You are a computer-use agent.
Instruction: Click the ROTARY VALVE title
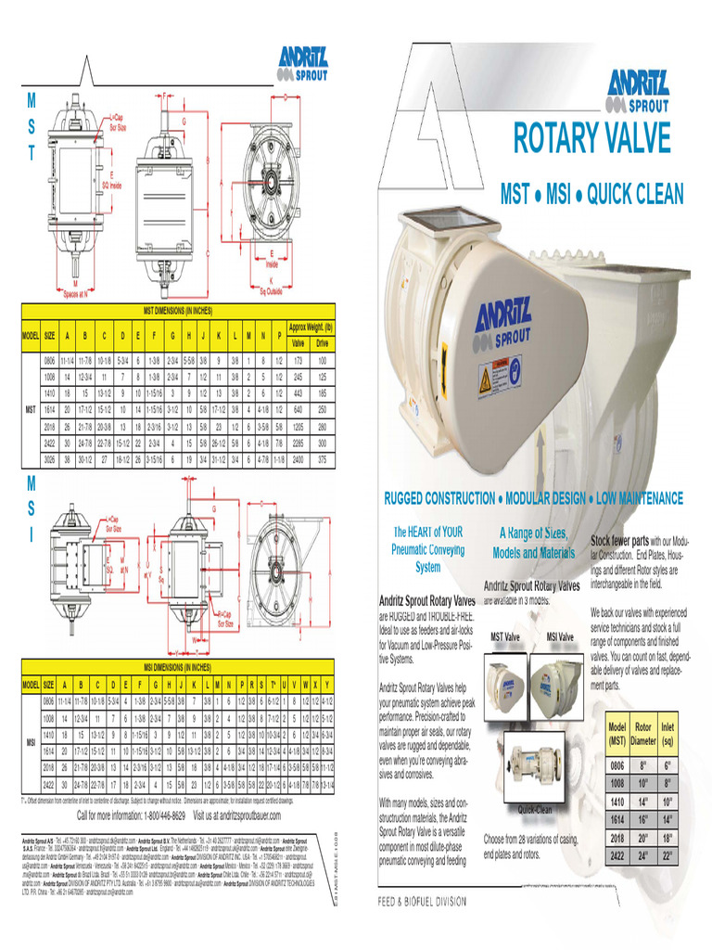click(591, 138)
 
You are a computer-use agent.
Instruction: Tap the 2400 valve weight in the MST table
click(297, 458)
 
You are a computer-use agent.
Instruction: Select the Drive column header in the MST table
click(322, 342)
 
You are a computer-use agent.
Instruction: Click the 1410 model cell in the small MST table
click(616, 801)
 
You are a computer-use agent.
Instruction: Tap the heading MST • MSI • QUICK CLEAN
click(591, 194)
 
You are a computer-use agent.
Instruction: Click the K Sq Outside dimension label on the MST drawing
click(271, 285)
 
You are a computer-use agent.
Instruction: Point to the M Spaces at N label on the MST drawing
click(75, 288)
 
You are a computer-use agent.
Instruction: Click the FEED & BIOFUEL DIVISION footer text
click(422, 901)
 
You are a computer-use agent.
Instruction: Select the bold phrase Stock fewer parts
click(620, 539)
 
